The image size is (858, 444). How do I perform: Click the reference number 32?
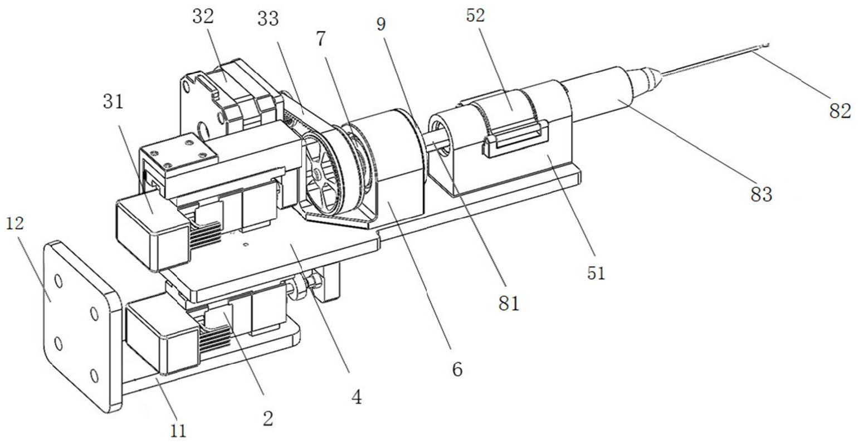[203, 17]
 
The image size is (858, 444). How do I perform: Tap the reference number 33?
[268, 19]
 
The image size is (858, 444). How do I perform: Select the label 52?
[476, 16]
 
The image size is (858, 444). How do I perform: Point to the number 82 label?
[840, 111]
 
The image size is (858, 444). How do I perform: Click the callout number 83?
[761, 194]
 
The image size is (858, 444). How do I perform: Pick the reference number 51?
[596, 273]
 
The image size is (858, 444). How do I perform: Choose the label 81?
[509, 304]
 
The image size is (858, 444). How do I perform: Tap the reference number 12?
[16, 223]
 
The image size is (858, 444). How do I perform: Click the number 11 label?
[178, 431]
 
